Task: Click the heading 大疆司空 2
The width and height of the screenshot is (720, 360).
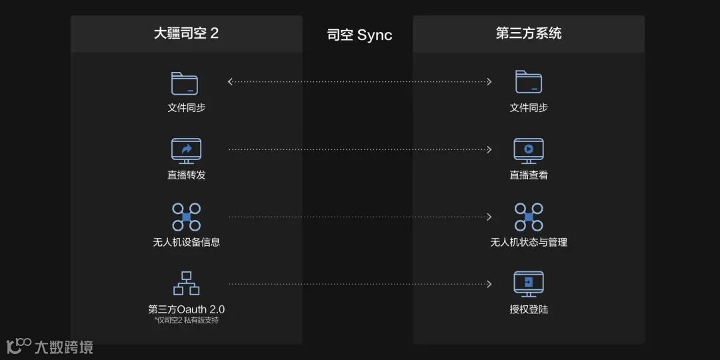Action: point(186,33)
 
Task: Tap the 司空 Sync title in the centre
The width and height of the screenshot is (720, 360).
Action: point(359,35)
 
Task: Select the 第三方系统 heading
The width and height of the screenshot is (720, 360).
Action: point(529,33)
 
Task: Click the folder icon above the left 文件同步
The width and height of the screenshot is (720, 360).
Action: point(185,83)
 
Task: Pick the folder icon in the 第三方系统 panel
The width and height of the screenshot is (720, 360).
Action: point(529,82)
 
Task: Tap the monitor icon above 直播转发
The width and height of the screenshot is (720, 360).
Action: point(186,151)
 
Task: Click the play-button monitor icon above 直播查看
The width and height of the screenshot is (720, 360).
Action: point(529,151)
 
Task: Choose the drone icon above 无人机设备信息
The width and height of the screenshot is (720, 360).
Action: point(186,217)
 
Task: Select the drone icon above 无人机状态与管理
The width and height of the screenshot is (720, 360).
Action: point(529,217)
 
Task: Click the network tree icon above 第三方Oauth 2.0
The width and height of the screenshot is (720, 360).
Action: point(186,283)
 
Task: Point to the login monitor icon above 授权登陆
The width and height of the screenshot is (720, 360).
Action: point(529,283)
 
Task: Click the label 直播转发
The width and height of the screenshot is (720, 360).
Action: point(186,175)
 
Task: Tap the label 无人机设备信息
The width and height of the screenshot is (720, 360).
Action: point(186,242)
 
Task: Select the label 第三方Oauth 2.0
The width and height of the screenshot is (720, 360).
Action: point(186,309)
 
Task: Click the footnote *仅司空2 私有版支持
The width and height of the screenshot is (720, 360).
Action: point(186,321)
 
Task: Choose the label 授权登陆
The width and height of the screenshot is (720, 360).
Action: point(529,309)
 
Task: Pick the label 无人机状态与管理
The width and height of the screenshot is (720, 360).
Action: point(529,242)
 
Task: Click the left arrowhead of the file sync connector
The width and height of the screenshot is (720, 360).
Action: point(231,82)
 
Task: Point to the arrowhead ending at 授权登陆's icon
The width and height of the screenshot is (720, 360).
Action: point(489,284)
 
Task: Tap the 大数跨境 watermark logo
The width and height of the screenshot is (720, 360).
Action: point(50,347)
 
